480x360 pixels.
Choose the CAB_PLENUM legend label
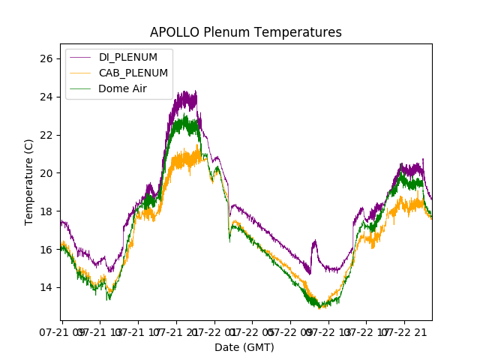point(133,73)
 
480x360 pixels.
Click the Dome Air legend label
point(123,88)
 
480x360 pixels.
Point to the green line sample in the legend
point(80,88)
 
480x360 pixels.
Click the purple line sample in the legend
point(80,57)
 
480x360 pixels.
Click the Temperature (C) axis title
point(29,181)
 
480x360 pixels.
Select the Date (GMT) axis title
point(244,347)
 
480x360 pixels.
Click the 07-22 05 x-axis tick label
point(253,331)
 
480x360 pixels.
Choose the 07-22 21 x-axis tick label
point(405,331)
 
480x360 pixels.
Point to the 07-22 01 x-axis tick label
point(215,331)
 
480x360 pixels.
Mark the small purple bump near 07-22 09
point(314,242)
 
